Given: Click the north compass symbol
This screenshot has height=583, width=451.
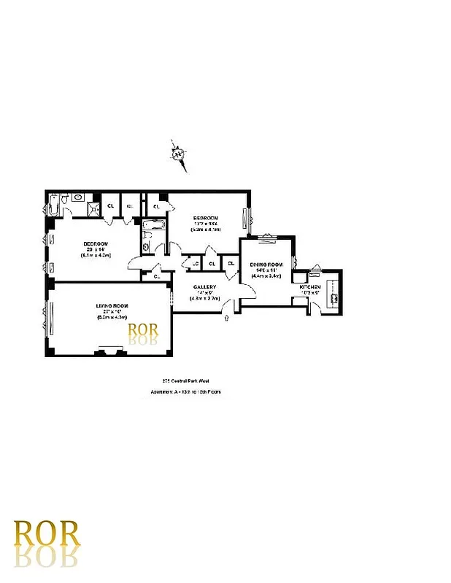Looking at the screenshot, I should point(177,154).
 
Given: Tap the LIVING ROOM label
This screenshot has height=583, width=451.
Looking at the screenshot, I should point(107,305).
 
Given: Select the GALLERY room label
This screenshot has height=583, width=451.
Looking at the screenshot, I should point(204,287).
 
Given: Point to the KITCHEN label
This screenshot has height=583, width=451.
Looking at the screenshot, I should point(310,288).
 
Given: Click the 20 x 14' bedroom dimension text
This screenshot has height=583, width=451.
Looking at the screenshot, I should point(96,250).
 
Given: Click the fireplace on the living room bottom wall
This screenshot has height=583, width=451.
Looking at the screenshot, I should point(112,353).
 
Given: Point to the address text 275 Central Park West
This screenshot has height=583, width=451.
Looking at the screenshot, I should point(181,380).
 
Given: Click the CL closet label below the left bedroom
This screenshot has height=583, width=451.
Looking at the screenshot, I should point(157,276).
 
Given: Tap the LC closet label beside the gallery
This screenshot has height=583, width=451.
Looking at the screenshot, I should point(196,264).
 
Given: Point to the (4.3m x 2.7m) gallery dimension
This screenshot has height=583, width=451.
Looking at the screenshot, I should point(204,298).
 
